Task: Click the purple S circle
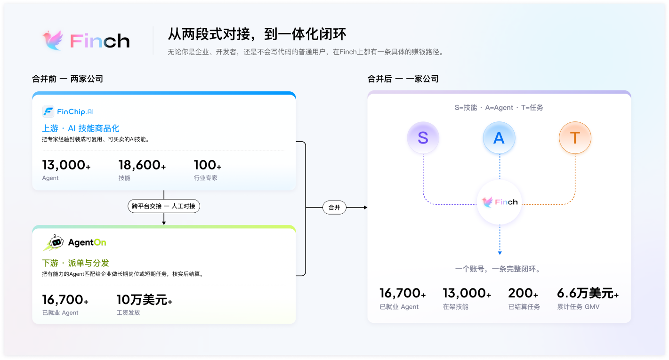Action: [423, 137]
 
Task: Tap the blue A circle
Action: [499, 137]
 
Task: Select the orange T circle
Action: [575, 137]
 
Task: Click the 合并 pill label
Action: [334, 208]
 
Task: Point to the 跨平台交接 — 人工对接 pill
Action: [164, 206]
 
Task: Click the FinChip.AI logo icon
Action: [48, 112]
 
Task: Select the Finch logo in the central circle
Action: [500, 202]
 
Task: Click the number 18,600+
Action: [142, 165]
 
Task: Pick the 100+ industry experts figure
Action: [208, 165]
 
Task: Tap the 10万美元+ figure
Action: [144, 300]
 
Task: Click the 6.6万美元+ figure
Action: [588, 293]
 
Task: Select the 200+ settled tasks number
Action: [523, 293]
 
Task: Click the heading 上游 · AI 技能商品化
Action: [81, 128]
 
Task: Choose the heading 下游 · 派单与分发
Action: [75, 263]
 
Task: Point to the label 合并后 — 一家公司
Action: [403, 79]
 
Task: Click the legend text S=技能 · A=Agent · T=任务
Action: [499, 107]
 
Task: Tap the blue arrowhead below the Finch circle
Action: [500, 253]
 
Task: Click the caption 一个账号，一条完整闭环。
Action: [499, 269]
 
